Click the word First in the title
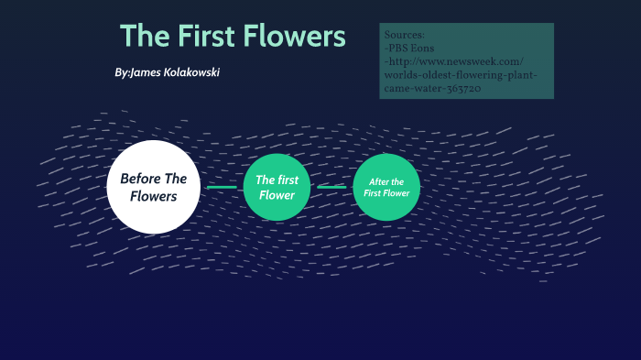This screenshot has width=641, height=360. tap(201, 37)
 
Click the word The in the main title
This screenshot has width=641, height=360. tap(142, 37)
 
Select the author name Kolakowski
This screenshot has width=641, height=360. tap(190, 72)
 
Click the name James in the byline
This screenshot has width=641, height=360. tap(146, 72)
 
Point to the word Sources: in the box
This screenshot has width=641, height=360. tap(406, 35)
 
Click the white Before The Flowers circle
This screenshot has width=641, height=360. tap(153, 186)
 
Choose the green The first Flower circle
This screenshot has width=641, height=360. tap(277, 187)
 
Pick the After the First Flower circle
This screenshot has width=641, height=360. tap(386, 187)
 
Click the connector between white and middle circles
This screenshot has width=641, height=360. tap(222, 187)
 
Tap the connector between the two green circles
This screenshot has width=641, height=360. tap(331, 187)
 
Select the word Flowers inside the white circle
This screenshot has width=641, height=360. tap(153, 196)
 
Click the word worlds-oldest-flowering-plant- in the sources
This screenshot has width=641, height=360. tap(462, 75)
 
